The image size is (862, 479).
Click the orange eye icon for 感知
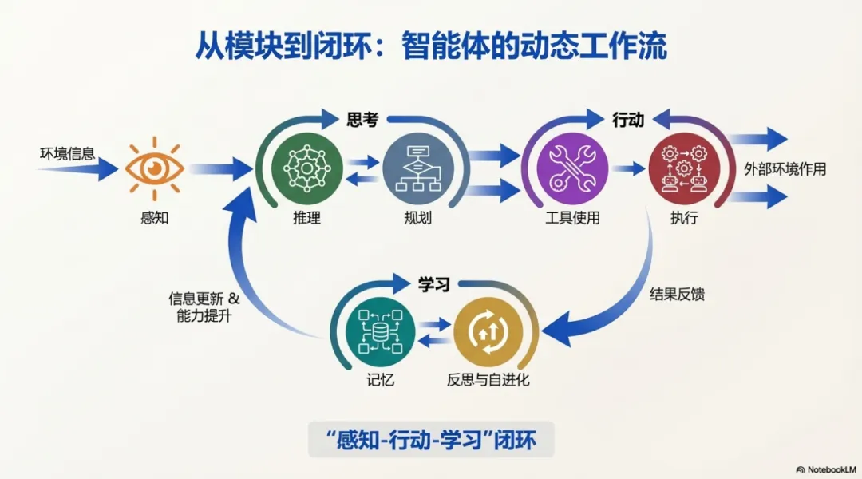[x=154, y=168]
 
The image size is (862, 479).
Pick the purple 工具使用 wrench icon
[x=571, y=168]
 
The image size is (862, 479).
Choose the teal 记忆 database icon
[x=381, y=331]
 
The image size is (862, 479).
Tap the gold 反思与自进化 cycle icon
[x=488, y=331]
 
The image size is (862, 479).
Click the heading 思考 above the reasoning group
[x=362, y=120]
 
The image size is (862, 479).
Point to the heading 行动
[x=627, y=120]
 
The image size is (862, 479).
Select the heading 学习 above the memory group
[x=434, y=285]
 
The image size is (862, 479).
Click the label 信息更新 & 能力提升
[x=203, y=307]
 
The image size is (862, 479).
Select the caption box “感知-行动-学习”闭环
[x=430, y=439]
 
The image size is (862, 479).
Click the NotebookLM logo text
[x=828, y=468]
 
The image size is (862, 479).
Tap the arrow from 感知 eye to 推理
[x=220, y=168]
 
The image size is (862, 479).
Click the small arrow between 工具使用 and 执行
[x=628, y=168]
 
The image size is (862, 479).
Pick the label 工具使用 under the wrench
[x=571, y=217]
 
